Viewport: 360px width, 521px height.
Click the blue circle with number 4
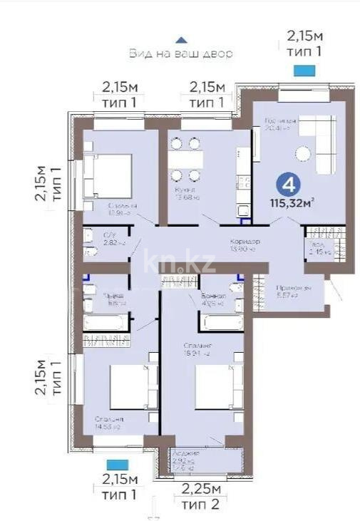pyautogui.click(x=289, y=185)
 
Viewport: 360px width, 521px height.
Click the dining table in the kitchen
pyautogui.click(x=185, y=159)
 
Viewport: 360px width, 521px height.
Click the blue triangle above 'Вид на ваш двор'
pyautogui.click(x=182, y=41)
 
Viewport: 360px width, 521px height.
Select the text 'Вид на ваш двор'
pyautogui.click(x=181, y=53)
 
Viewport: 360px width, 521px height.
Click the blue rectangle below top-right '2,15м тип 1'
pyautogui.click(x=304, y=70)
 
